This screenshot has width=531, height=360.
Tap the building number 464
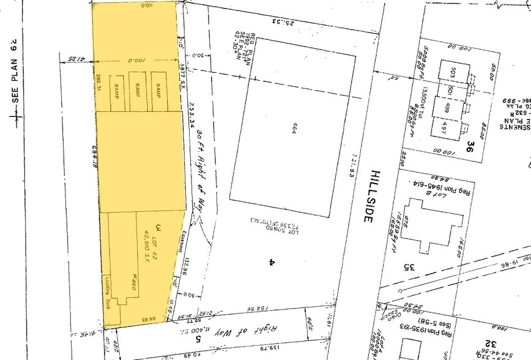click(x=294, y=127)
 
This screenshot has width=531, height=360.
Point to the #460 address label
click(x=131, y=285)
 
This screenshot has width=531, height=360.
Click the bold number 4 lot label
click(x=269, y=262)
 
